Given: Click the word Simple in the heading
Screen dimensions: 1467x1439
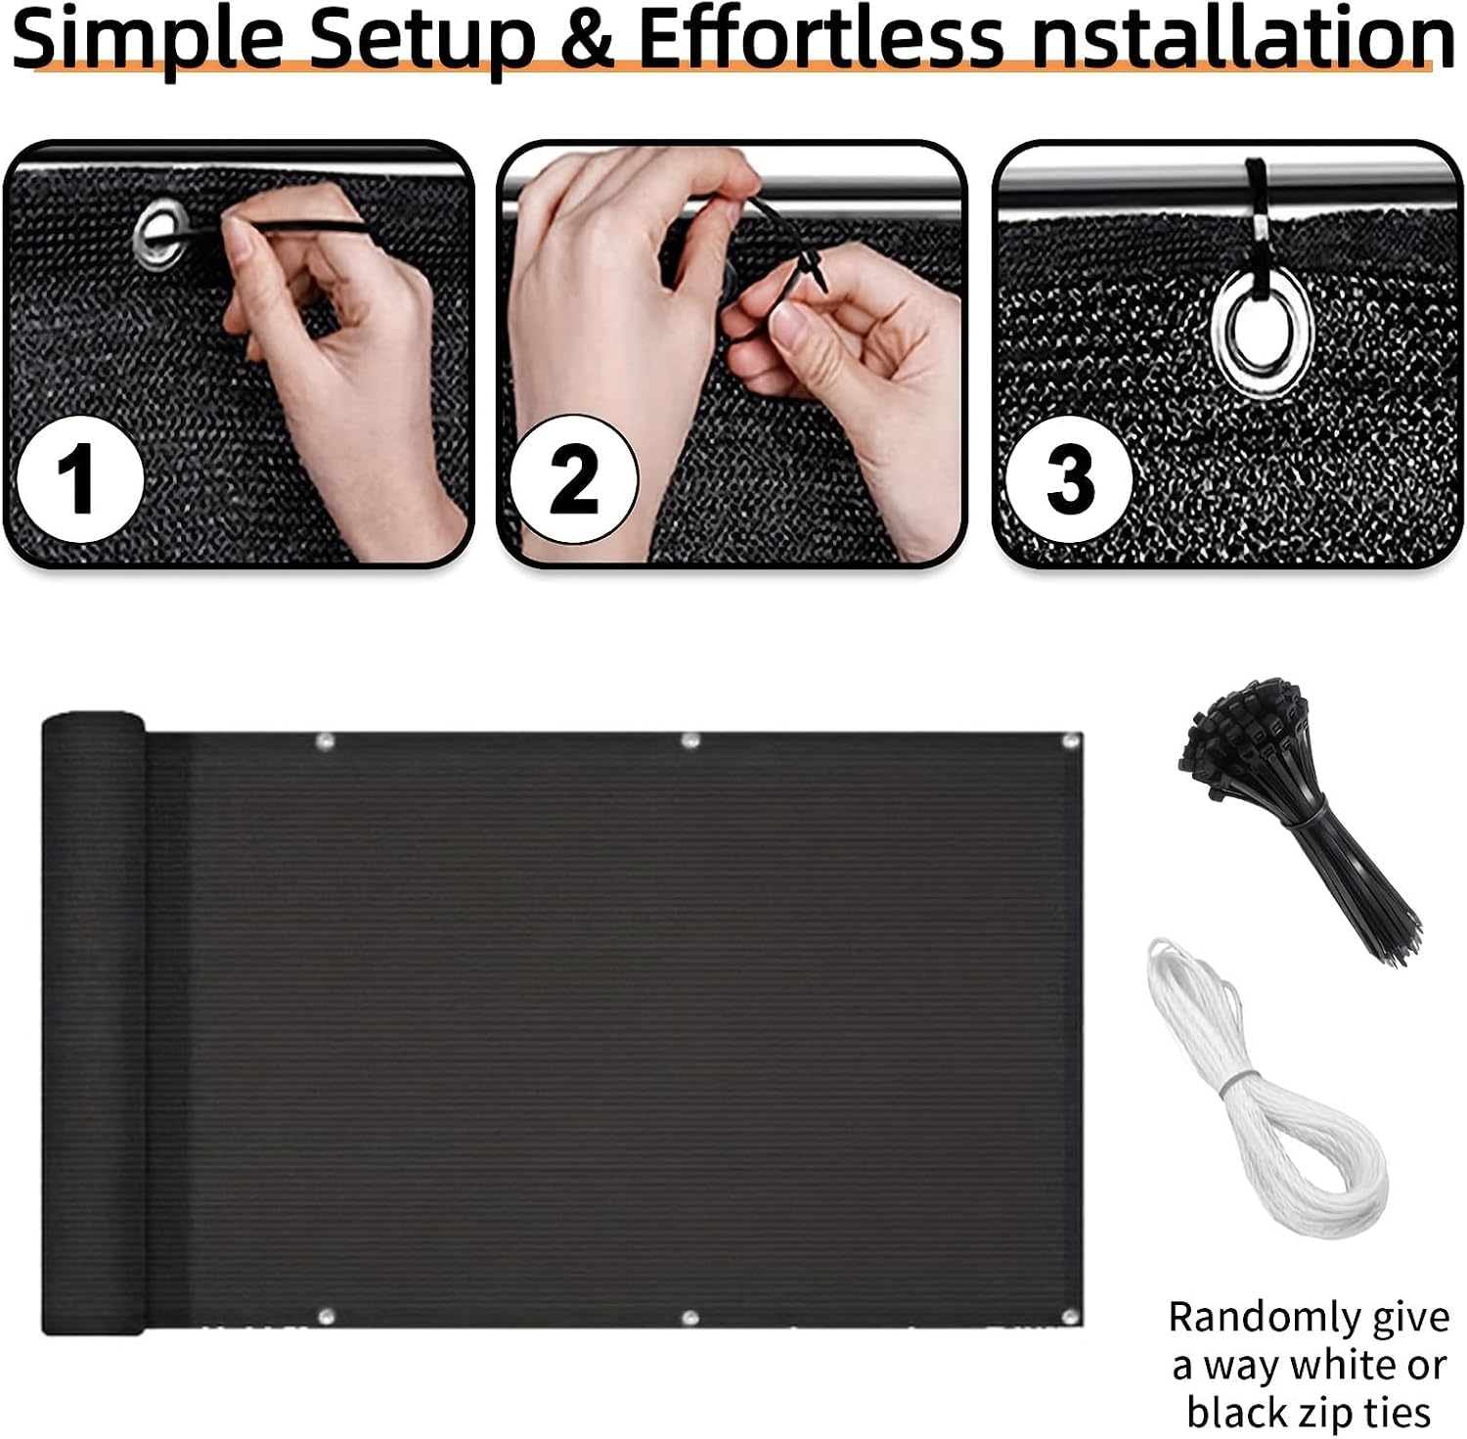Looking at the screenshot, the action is coord(150,39).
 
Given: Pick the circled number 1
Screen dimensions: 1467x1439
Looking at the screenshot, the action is coord(80,477).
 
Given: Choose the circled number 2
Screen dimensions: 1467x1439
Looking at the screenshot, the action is coord(574,478).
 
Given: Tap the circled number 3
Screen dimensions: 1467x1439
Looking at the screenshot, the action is coord(1069,478).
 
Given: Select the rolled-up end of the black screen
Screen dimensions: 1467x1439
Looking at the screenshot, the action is coord(93,1023).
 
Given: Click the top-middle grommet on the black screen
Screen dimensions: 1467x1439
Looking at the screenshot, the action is coord(690,741).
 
